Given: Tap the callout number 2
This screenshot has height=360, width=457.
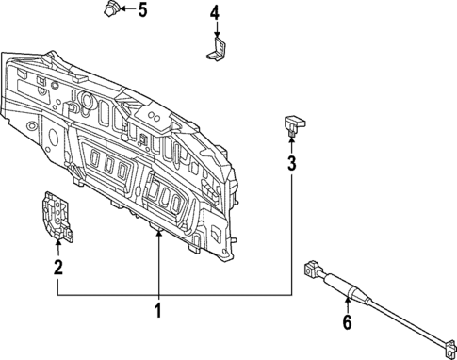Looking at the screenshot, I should [57, 268].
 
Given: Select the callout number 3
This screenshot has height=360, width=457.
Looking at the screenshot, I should [292, 164].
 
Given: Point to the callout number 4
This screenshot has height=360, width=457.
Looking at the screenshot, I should [214, 13].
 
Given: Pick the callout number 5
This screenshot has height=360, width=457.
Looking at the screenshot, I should [143, 11].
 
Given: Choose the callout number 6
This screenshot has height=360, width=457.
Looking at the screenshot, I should [347, 323].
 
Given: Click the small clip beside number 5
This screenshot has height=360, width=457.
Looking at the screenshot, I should [112, 10].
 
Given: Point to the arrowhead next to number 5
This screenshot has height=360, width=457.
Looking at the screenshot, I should [126, 11].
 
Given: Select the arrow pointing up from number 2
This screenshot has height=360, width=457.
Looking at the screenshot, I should [57, 247].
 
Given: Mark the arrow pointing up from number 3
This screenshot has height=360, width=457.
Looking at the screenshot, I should [292, 144].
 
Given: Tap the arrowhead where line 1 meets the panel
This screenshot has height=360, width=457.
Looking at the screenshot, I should [158, 231].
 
